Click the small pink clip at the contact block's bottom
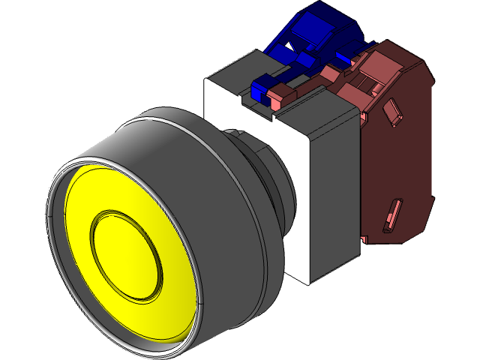364,239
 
